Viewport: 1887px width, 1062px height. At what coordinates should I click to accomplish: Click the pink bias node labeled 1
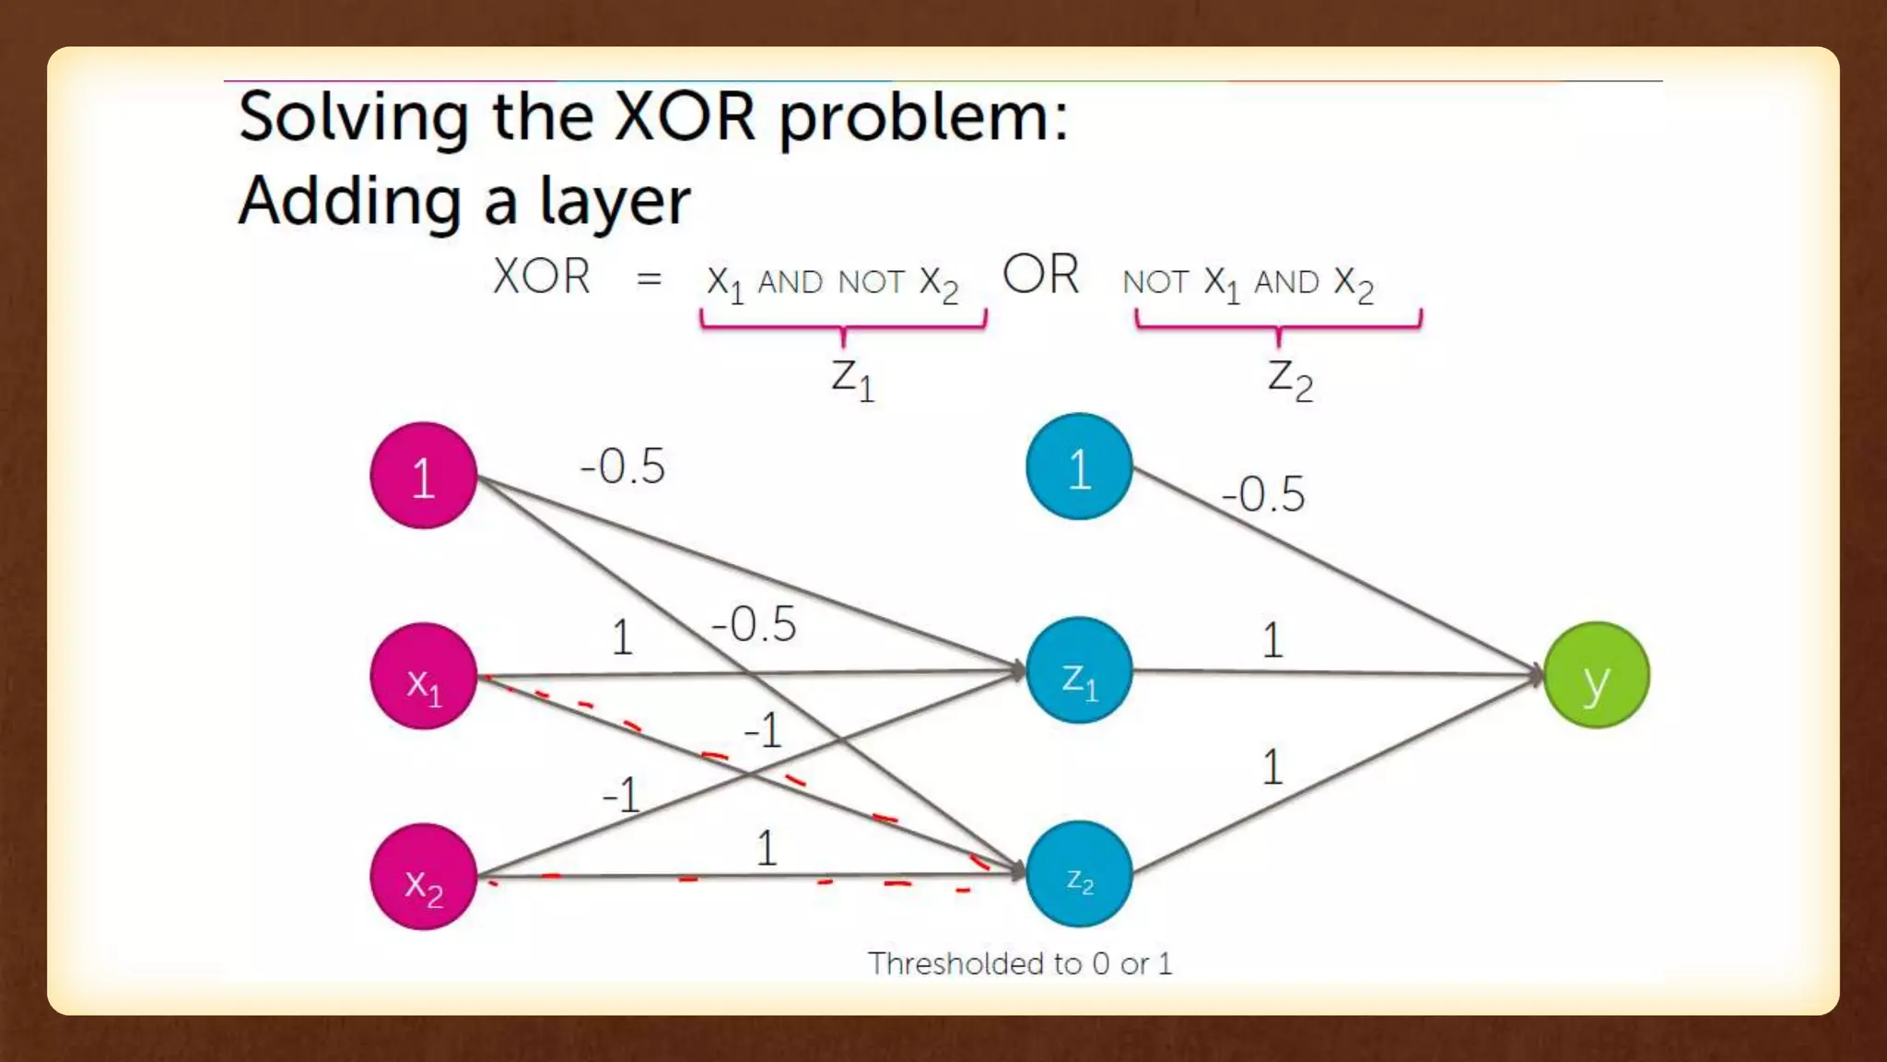click(423, 476)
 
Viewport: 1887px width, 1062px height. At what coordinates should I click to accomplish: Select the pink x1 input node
click(423, 677)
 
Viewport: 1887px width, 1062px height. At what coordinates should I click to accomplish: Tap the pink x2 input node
click(423, 877)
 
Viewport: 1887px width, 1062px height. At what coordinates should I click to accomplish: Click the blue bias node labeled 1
click(1079, 467)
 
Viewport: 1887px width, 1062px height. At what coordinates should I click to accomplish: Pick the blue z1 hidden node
click(1079, 671)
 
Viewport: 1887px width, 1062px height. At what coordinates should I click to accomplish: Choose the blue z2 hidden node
click(1079, 874)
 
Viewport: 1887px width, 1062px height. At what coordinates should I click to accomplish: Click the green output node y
click(1597, 676)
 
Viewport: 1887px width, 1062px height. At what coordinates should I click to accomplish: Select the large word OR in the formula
click(1040, 275)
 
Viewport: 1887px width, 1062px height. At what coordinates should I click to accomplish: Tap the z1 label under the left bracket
click(852, 378)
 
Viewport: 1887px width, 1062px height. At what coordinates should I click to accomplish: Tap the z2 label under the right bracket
click(1290, 378)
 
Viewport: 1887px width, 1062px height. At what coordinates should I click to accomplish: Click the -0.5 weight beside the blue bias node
click(1263, 494)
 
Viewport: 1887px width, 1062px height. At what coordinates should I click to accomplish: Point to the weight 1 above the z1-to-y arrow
click(1272, 640)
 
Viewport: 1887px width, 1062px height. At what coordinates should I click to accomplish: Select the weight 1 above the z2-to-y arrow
click(1272, 767)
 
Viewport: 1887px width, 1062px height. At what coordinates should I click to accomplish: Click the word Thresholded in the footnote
click(958, 963)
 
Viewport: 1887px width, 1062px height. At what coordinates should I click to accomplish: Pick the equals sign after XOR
click(649, 278)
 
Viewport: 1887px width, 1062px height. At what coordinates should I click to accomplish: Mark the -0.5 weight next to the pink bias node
click(623, 466)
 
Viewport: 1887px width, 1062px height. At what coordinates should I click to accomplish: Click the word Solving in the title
click(353, 117)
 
